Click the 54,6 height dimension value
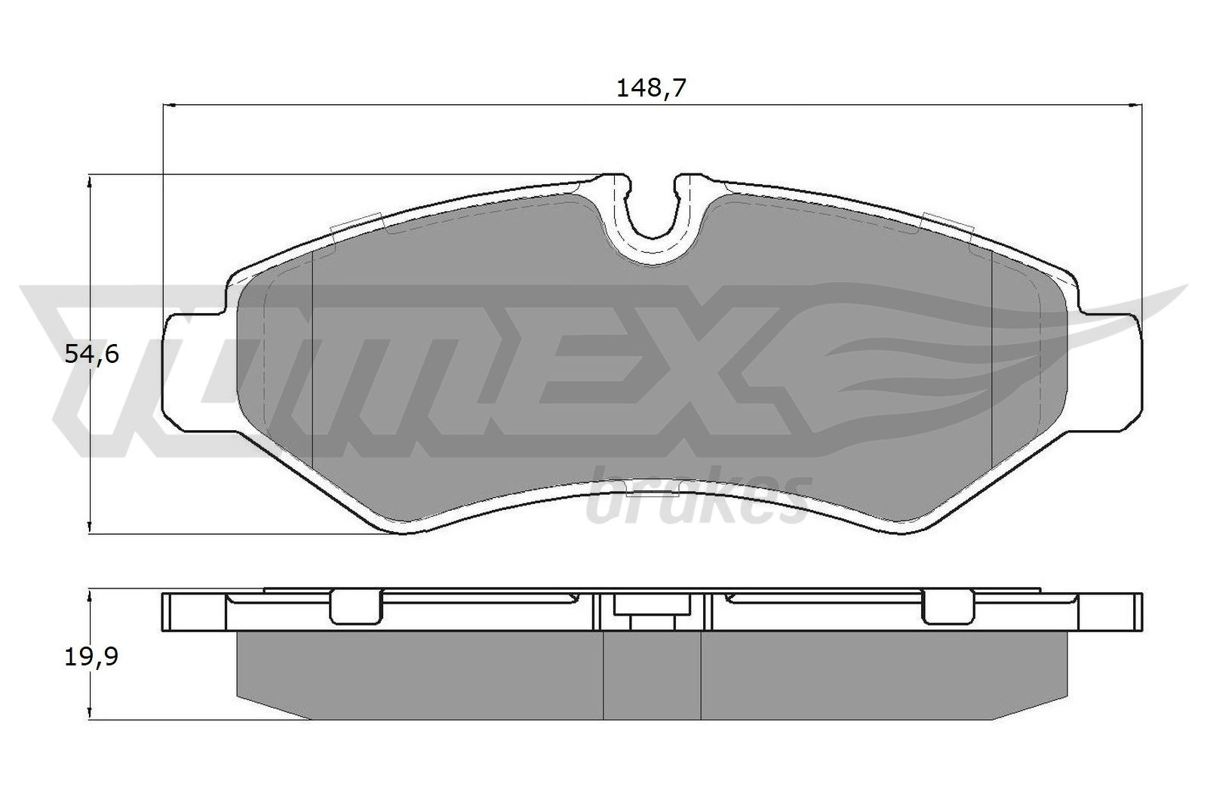tap(92, 353)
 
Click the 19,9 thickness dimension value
tap(92, 657)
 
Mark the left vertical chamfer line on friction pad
tap(312, 362)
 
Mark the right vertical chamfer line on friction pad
tap(990, 362)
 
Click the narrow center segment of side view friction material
tap(653, 675)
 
